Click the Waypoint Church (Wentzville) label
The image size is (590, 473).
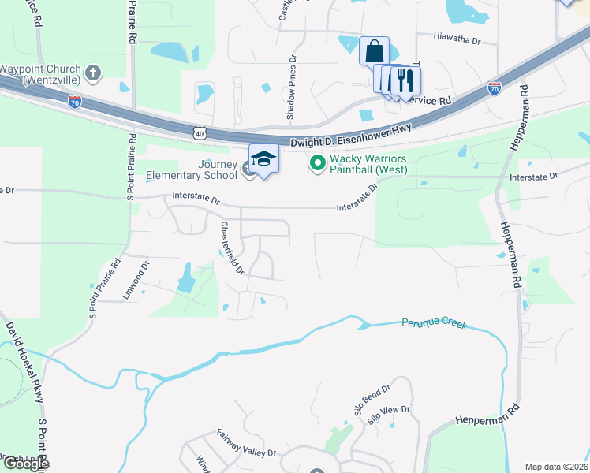(39, 74)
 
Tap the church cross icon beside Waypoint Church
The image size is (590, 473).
(93, 74)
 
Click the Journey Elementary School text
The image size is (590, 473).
(207, 169)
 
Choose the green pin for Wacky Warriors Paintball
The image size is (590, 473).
(318, 163)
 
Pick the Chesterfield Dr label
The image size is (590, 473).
(233, 248)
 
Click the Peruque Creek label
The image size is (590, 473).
(434, 323)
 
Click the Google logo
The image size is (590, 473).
(25, 464)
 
